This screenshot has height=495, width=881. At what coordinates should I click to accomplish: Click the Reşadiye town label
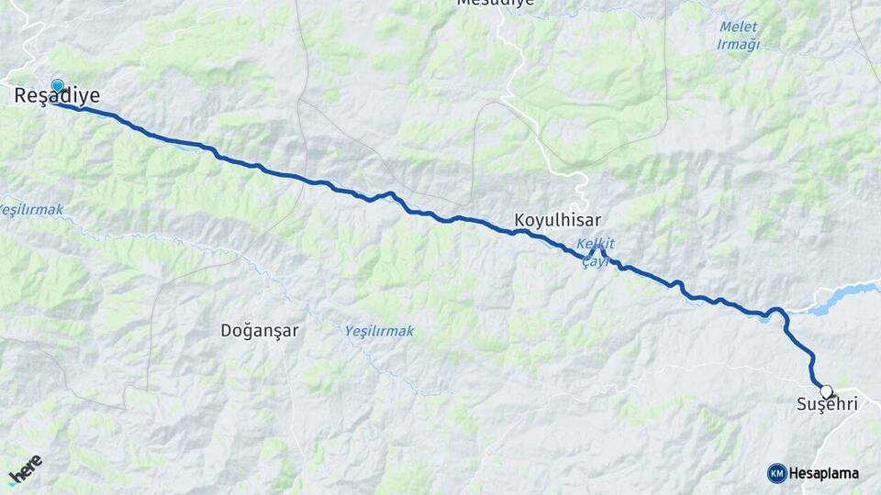[57, 95]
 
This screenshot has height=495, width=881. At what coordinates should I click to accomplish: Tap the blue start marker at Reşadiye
[58, 86]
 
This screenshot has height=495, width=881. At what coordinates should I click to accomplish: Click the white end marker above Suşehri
[826, 390]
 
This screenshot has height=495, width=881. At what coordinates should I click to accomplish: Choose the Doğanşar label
[260, 331]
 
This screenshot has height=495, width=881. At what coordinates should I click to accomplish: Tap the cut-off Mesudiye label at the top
[495, 4]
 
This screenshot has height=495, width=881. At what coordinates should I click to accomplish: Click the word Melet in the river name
[739, 27]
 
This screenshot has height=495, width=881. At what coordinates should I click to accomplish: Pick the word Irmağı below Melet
[739, 44]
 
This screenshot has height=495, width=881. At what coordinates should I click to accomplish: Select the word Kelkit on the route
[595, 243]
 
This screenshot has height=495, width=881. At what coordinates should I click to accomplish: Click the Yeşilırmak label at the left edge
[31, 210]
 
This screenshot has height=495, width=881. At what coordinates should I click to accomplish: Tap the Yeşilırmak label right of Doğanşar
[379, 331]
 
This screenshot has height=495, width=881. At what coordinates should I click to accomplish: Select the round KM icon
[776, 473]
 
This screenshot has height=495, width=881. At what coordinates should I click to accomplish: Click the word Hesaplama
[824, 474]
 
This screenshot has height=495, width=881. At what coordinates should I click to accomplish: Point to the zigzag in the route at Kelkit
[597, 253]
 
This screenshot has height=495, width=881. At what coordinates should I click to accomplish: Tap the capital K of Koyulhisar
[520, 221]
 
